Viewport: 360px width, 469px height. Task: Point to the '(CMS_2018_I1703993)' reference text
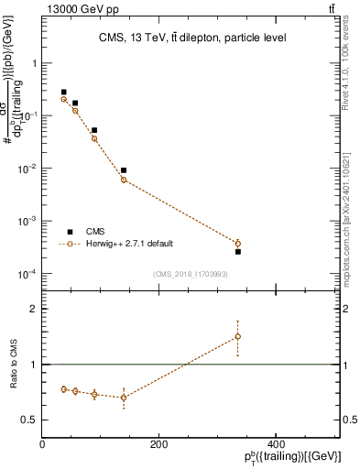[190, 274]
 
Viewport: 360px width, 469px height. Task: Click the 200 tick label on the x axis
[158, 443]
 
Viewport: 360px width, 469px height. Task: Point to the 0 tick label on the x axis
[42, 443]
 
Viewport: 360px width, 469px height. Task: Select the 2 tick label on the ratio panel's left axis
[34, 310]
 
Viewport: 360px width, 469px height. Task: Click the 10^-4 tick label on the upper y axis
[27, 274]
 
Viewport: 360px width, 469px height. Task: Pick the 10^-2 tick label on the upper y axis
[27, 169]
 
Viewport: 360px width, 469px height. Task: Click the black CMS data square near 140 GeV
[124, 170]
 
